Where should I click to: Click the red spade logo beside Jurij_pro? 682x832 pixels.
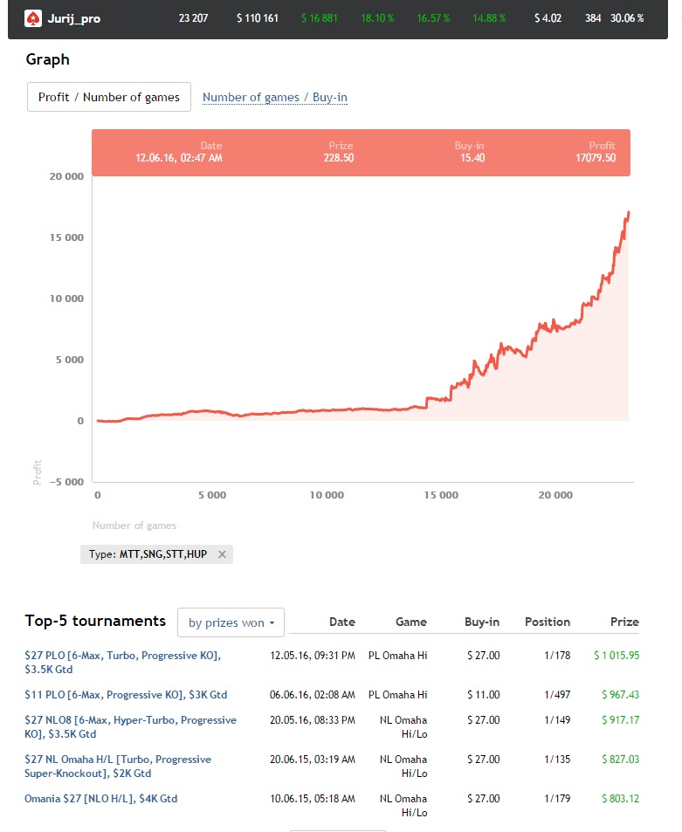pos(32,17)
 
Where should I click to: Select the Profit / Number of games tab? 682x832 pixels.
pos(108,97)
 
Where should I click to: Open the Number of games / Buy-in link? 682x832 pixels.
pos(275,97)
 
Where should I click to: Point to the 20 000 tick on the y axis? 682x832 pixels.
pos(66,176)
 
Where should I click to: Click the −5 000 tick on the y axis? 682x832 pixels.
pos(64,482)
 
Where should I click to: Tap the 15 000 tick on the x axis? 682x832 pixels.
pos(440,495)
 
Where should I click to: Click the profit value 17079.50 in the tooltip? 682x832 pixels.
pos(596,158)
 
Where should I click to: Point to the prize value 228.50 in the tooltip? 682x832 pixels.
pos(338,158)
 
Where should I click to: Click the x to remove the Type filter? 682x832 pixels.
pos(222,554)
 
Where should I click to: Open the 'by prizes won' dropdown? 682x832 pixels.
pos(231,622)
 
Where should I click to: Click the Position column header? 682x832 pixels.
pos(547,622)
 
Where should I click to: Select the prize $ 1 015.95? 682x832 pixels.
pos(617,655)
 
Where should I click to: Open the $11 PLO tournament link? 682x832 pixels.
pos(126,695)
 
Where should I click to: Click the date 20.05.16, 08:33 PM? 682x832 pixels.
pos(313,720)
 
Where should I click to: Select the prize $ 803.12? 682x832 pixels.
pos(620,799)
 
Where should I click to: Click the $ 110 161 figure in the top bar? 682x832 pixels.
pos(257,18)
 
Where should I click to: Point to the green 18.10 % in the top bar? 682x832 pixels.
pos(378,18)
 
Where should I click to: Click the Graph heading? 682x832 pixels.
pos(47,59)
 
